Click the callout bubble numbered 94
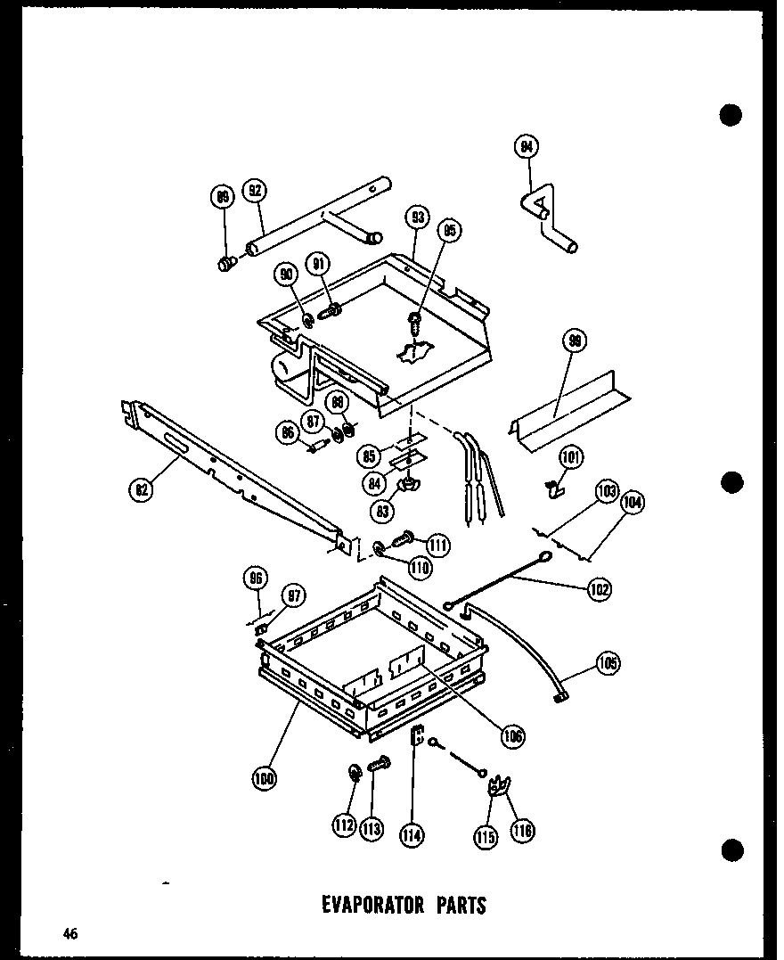pos(527,147)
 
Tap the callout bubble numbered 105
pos(608,664)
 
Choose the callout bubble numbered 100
pos(265,778)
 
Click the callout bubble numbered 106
pos(512,735)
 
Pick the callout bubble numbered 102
pos(599,588)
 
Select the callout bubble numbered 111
pos(437,545)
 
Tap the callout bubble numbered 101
pos(571,459)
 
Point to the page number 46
pos(70,933)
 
